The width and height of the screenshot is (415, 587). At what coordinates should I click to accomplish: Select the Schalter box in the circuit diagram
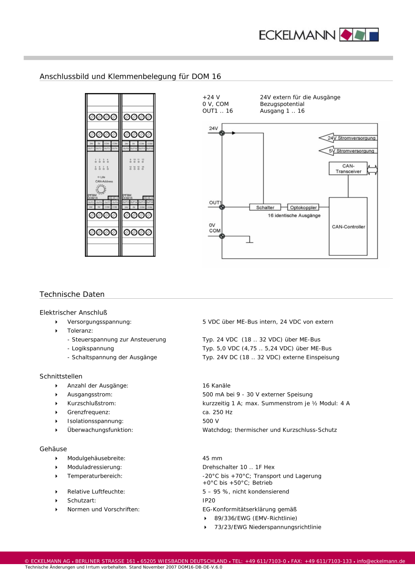point(265,208)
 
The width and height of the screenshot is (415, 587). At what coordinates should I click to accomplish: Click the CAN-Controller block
point(348,226)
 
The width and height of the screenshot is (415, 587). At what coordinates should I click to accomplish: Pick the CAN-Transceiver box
point(348,168)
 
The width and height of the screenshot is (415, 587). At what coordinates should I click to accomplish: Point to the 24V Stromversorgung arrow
point(348,138)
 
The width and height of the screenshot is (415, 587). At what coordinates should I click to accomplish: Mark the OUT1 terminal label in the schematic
point(215,203)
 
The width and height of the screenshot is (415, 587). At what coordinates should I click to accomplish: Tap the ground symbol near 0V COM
point(249,242)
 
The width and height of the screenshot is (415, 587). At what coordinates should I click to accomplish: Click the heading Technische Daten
point(72,294)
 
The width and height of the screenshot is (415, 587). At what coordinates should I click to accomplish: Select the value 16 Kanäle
point(217,386)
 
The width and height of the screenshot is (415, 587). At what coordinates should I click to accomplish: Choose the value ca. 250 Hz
point(218,412)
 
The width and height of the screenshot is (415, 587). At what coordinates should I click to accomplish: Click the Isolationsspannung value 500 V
point(211,421)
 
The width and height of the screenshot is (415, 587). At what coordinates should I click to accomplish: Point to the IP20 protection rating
point(209,501)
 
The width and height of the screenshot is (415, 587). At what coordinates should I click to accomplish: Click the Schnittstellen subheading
point(61,377)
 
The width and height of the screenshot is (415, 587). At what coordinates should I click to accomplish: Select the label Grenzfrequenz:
point(89,412)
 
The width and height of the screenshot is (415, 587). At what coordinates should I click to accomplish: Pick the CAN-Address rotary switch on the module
point(101,189)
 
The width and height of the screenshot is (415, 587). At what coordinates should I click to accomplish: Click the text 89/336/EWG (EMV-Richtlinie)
point(256,518)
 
